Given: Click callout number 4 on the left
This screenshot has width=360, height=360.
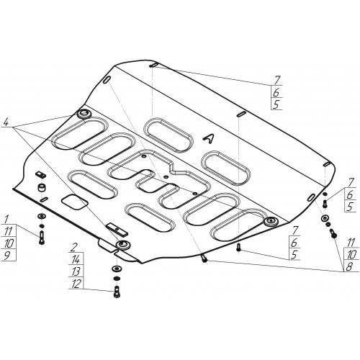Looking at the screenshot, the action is click(6, 123).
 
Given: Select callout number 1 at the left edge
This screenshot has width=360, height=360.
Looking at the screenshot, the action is click(6, 220).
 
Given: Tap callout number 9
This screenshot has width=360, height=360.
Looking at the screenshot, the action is click(7, 256).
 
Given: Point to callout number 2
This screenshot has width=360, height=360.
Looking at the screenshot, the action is click(75, 248).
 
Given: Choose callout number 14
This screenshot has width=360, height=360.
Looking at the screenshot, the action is click(76, 259).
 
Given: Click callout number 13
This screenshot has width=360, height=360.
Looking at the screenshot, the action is click(76, 272).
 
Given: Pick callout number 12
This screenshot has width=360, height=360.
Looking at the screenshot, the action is click(76, 284).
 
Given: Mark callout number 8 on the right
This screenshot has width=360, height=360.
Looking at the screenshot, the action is click(349, 267).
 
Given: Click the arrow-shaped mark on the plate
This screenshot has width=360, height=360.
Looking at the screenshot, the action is click(208, 138).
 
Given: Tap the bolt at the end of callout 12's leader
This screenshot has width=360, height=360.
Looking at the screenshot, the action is click(116, 292).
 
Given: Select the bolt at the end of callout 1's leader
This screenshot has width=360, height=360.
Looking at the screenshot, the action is click(42, 238).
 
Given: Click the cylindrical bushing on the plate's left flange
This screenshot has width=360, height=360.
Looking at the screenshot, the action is click(42, 187).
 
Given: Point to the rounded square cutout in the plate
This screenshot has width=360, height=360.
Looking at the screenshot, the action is click(74, 202).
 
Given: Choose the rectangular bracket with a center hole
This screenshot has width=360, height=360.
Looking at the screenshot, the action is click(117, 230).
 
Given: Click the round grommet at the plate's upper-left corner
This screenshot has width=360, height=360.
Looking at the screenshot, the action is click(84, 114).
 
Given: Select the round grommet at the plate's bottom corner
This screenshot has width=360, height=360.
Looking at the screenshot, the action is click(123, 245).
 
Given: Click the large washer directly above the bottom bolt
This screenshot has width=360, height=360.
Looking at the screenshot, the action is click(116, 268).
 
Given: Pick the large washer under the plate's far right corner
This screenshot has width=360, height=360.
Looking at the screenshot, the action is click(325, 218).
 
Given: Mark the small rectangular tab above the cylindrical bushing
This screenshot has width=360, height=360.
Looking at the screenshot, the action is click(40, 174).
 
